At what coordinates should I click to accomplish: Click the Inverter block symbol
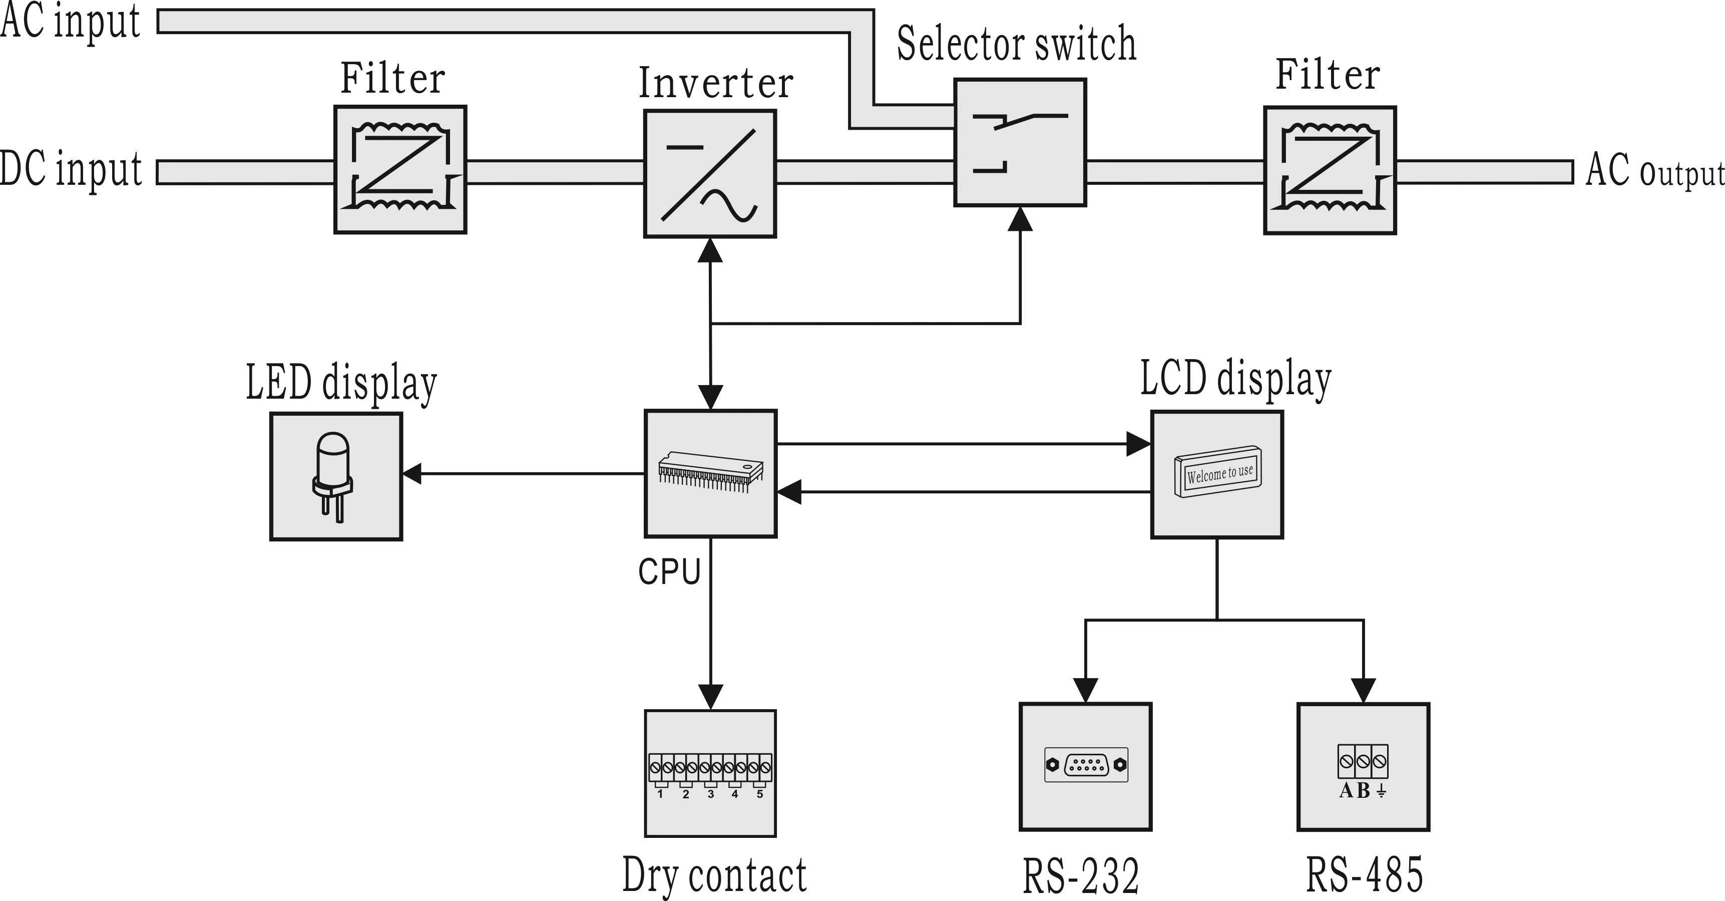[x=710, y=174]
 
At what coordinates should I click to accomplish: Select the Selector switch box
[x=1020, y=143]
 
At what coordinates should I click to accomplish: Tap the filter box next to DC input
[x=400, y=169]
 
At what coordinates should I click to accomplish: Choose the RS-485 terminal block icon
[x=1363, y=762]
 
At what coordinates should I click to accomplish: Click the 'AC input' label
[x=70, y=22]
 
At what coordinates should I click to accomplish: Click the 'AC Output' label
[x=1654, y=171]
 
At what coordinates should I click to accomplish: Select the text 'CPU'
[x=669, y=572]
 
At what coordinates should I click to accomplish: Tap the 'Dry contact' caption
[x=714, y=875]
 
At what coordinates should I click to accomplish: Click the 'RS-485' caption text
[x=1364, y=875]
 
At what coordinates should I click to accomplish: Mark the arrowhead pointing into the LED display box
[x=411, y=474]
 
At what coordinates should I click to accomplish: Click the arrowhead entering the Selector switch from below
[x=1021, y=218]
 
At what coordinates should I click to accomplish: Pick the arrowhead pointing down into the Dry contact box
[x=710, y=697]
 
